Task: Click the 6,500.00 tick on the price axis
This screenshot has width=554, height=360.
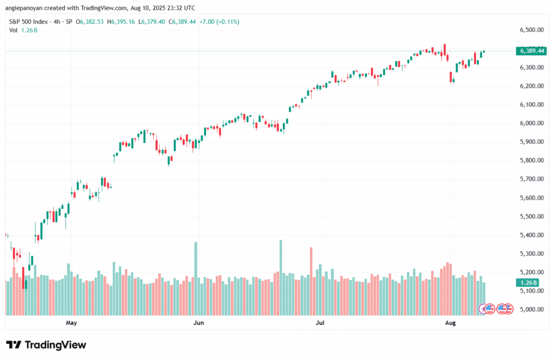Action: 531,30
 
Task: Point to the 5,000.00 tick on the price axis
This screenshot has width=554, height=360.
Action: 531,310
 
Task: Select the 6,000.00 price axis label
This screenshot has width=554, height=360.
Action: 531,123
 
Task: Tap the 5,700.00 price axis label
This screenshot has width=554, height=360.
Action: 531,179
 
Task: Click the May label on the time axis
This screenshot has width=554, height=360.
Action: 71,323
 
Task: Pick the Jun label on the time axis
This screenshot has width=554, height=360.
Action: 199,323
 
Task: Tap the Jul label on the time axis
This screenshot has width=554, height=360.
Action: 320,323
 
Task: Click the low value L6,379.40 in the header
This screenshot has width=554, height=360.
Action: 153,22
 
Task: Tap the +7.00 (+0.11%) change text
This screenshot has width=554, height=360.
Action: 219,22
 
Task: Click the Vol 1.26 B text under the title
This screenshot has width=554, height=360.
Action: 22,30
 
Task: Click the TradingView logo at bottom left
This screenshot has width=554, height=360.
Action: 46,345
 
